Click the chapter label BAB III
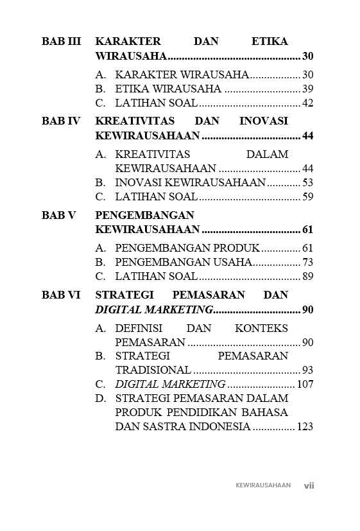pyautogui.click(x=61, y=42)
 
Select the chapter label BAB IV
pyautogui.click(x=61, y=121)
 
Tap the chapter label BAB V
pyautogui.click(x=59, y=216)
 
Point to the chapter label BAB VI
pyautogui.click(x=61, y=295)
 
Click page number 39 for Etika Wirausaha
pyautogui.click(x=307, y=89)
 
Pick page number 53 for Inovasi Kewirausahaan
pyautogui.click(x=307, y=183)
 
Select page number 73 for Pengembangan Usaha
pyautogui.click(x=307, y=263)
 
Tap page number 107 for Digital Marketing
pyautogui.click(x=305, y=385)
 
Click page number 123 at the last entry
pyautogui.click(x=305, y=427)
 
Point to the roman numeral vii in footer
pyautogui.click(x=309, y=485)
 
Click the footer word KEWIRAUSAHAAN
pyautogui.click(x=263, y=485)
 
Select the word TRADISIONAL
pyautogui.click(x=153, y=370)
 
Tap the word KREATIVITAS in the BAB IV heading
pyautogui.click(x=128, y=121)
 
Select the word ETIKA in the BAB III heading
pyautogui.click(x=270, y=42)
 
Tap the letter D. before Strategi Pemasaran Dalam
pyautogui.click(x=101, y=399)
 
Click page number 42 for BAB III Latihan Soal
pyautogui.click(x=307, y=103)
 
